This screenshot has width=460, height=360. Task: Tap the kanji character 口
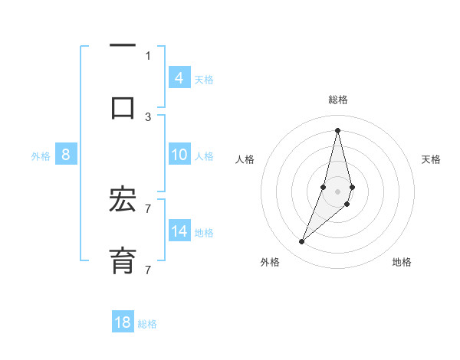pos(123,106)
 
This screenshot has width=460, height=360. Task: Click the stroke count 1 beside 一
pos(148,55)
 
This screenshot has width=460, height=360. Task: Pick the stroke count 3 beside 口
pos(148,116)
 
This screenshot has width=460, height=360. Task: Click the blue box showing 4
pos(179,77)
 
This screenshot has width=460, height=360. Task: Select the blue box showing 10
pos(179,155)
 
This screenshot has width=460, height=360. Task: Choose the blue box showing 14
pos(179,231)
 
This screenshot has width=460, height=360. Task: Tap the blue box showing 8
pos(66,155)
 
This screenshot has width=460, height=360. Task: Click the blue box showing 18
pos(123,322)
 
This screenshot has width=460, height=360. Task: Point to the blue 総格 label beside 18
pos(147,324)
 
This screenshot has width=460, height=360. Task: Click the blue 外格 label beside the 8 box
pos(41,156)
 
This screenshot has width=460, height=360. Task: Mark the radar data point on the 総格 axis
pos(337,129)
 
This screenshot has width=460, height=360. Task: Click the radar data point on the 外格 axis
pos(301,242)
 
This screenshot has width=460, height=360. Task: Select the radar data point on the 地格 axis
pos(347,204)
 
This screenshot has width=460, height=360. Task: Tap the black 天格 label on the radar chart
pos(431,159)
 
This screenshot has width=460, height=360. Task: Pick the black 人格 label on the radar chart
pos(245,159)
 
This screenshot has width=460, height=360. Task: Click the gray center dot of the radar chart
pos(337,191)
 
